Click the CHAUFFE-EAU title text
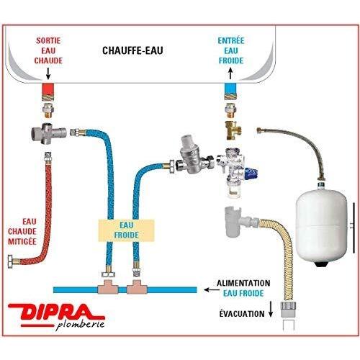click(132, 50)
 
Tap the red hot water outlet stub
click(48, 89)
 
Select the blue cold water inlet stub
click(230, 89)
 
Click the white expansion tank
click(321, 228)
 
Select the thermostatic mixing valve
click(48, 134)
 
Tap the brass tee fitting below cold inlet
click(233, 130)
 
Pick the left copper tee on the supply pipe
click(108, 287)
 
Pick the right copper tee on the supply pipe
click(137, 287)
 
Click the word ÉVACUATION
click(242, 314)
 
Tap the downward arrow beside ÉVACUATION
click(271, 309)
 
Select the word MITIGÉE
click(22, 241)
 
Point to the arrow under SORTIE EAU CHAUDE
click(48, 73)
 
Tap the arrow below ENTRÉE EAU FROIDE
click(230, 73)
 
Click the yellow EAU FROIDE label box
click(126, 230)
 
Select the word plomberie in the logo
click(80, 325)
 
